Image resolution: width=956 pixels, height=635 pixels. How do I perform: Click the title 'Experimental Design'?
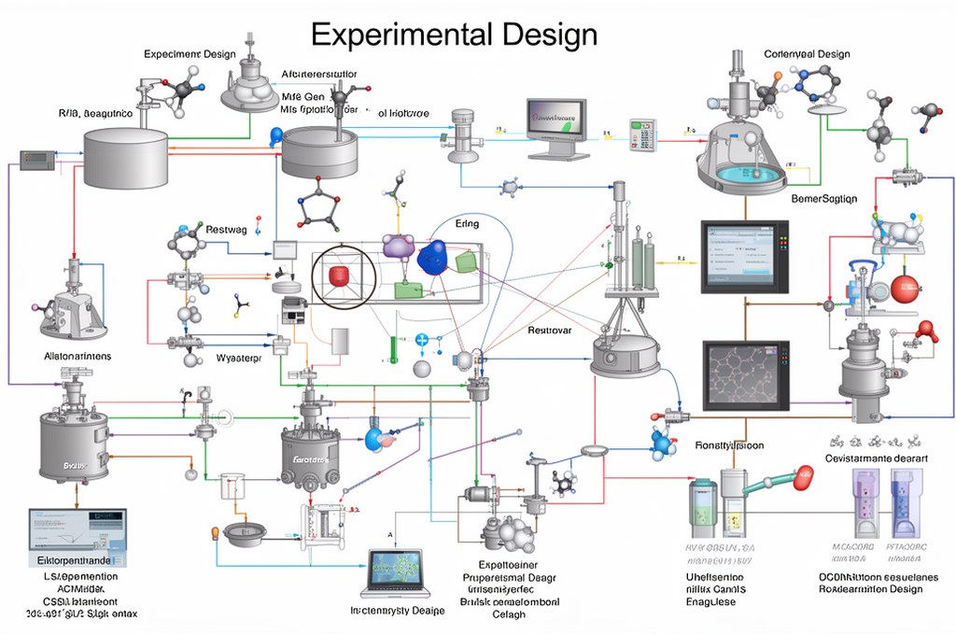click(454, 35)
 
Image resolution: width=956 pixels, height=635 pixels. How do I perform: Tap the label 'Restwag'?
click(227, 229)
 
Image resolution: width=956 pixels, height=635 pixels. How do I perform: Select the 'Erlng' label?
click(467, 224)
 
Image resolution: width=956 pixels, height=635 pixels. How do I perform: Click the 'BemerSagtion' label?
click(824, 199)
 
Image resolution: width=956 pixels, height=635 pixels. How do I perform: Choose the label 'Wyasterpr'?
click(238, 359)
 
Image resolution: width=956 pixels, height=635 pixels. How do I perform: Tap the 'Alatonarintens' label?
click(77, 356)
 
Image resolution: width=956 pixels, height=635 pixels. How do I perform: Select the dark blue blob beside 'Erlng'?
click(432, 257)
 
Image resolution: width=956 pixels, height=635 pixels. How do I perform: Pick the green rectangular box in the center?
click(408, 289)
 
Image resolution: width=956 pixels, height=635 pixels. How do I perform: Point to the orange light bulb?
click(214, 533)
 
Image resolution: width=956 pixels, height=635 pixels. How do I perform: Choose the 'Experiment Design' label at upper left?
click(190, 54)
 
